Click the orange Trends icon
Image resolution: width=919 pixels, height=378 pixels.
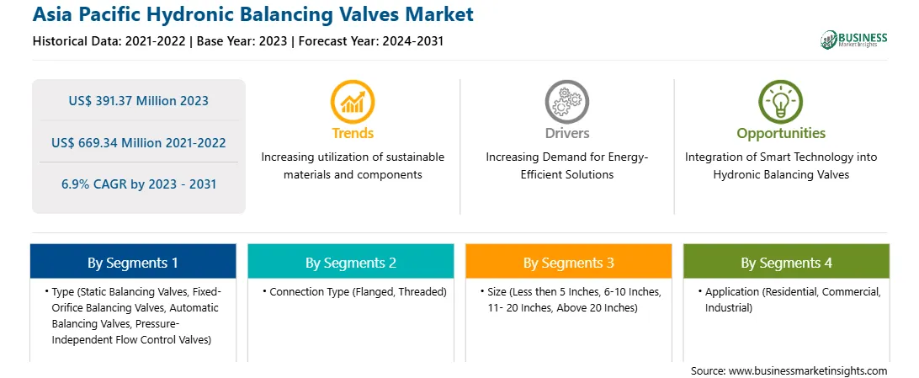[353, 101]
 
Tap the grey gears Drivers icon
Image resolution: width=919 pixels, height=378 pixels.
[566, 101]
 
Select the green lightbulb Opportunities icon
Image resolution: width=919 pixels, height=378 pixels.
[781, 101]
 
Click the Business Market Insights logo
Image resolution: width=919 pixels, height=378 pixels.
[854, 40]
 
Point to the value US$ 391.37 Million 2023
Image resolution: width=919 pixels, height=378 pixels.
[138, 101]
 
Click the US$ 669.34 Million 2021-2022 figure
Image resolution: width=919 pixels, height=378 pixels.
[138, 142]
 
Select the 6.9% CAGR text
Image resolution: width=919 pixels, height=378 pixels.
[139, 184]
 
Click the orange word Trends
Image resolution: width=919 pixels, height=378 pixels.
[353, 133]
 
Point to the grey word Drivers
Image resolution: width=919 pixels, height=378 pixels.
[566, 133]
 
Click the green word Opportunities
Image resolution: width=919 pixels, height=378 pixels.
[781, 134]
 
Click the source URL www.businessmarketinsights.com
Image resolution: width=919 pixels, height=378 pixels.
[808, 371]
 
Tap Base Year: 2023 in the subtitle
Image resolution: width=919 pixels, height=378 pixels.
[242, 41]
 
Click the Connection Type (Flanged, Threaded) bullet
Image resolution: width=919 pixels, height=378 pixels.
[354, 292]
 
